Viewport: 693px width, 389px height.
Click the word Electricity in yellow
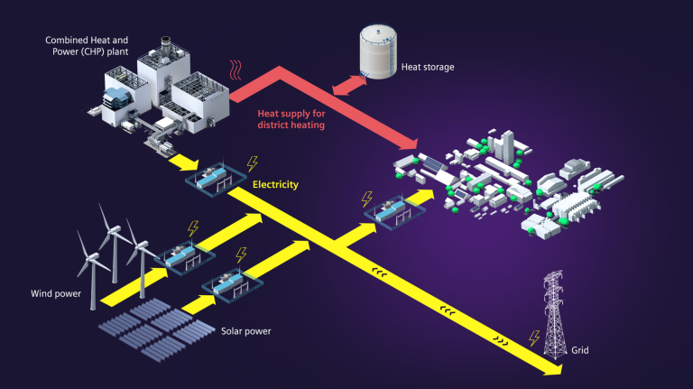[275, 184]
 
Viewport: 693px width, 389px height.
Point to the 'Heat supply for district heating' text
[290, 120]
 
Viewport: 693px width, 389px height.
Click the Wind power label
[55, 292]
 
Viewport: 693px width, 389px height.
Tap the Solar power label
[245, 330]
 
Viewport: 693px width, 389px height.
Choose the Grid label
[579, 349]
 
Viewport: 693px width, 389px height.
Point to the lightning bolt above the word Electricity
[252, 163]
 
